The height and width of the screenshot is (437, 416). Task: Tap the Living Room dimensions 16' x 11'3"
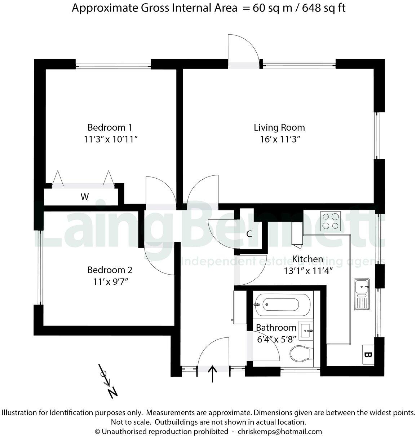pyautogui.click(x=280, y=139)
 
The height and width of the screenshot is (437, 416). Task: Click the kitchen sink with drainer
pyautogui.click(x=362, y=294)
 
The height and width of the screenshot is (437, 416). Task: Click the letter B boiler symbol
pyautogui.click(x=367, y=355)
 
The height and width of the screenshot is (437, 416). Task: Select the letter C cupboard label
pyautogui.click(x=249, y=234)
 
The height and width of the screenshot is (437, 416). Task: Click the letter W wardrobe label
pyautogui.click(x=84, y=197)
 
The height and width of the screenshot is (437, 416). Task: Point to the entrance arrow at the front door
pyautogui.click(x=212, y=373)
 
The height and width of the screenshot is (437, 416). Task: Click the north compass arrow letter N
pyautogui.click(x=113, y=392)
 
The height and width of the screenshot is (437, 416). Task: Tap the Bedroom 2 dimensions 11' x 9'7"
pyautogui.click(x=110, y=282)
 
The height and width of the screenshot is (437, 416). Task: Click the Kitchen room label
pyautogui.click(x=307, y=259)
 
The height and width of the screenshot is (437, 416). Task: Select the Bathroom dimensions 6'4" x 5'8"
pyautogui.click(x=276, y=339)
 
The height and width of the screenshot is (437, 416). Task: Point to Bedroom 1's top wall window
pyautogui.click(x=113, y=65)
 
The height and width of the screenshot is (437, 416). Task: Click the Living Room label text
pyautogui.click(x=279, y=127)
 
